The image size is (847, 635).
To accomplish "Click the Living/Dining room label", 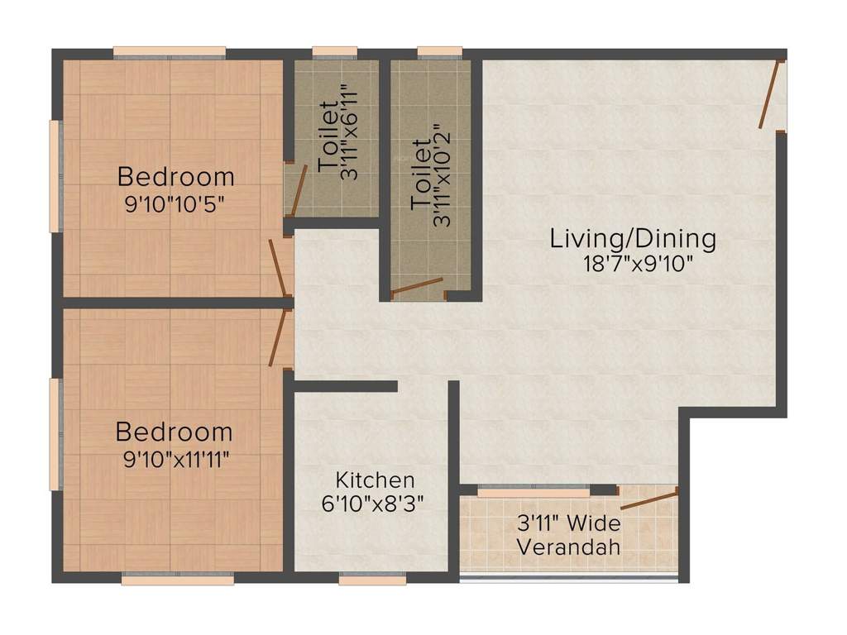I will tap(633, 239).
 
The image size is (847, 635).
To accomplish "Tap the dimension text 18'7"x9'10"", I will tap(636, 265).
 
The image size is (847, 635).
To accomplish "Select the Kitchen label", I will tap(375, 480).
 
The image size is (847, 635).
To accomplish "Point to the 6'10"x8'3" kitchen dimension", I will tap(375, 504).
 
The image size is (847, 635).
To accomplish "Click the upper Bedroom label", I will tap(175, 177).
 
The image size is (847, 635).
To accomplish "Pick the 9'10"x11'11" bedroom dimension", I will tap(175, 459).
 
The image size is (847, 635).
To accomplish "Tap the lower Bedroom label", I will tap(174, 432).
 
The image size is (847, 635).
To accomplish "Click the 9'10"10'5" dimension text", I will tap(175, 203).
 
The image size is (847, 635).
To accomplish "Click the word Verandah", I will tap(568, 547).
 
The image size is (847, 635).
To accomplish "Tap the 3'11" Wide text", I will tap(568, 523).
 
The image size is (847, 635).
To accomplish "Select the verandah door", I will tap(648, 499).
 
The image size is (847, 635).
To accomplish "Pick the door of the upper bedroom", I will tap(278, 269).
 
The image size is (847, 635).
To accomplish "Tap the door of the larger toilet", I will tap(418, 287).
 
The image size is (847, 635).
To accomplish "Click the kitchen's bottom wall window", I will tap(372, 580).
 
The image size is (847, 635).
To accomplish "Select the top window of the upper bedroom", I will tap(169, 52).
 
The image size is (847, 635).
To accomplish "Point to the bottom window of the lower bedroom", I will tap(177, 580).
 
